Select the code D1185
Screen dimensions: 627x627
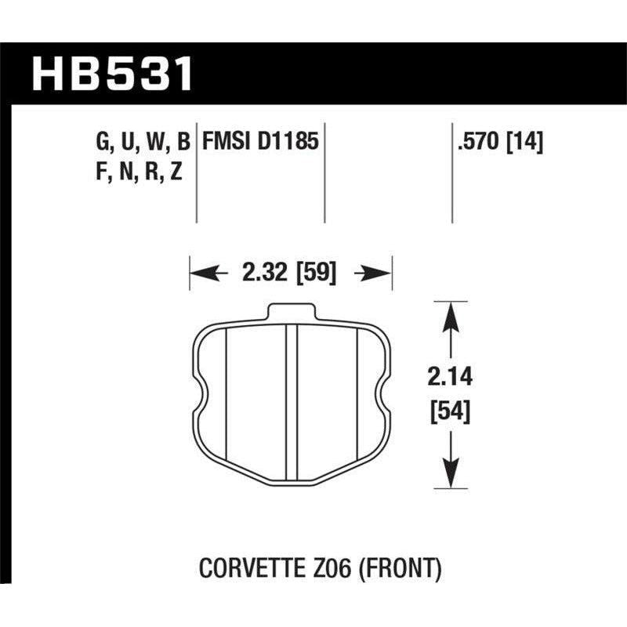[x=288, y=143]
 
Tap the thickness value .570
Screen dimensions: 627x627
[x=474, y=143]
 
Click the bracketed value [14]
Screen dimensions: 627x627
[x=525, y=143]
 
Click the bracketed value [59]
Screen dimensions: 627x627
[x=317, y=274]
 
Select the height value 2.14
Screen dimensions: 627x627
[x=451, y=382]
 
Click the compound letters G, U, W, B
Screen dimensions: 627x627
[x=140, y=143]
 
